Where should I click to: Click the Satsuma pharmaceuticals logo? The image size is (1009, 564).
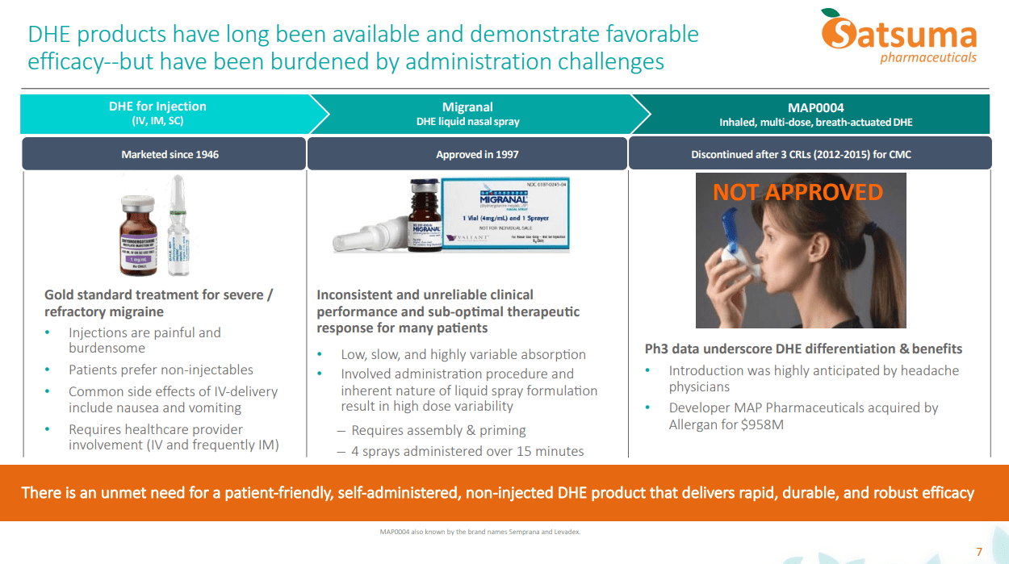tap(898, 36)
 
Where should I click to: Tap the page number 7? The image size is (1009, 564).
tap(979, 552)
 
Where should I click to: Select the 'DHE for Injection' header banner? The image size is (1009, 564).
tap(157, 114)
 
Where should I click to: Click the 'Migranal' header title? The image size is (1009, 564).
tap(467, 107)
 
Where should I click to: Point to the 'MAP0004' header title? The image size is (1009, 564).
tap(815, 107)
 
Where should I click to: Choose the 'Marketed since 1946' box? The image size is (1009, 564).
tap(164, 153)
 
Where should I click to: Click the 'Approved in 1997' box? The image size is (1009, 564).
tap(467, 153)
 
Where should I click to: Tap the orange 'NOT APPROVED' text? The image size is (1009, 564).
tap(798, 192)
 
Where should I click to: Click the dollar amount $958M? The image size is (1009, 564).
tap(762, 424)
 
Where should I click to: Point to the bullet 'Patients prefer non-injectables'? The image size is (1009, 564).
tap(161, 370)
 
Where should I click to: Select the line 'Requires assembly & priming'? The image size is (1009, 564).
tap(438, 431)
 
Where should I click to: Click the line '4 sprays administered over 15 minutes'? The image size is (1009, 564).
tap(467, 452)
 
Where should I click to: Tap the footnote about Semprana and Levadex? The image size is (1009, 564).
tap(479, 533)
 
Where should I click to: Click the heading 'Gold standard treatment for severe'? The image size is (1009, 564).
tap(158, 295)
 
